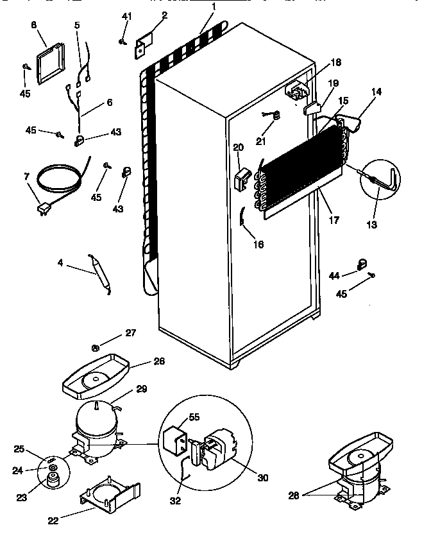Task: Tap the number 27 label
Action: (130, 332)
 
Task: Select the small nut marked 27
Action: (95, 348)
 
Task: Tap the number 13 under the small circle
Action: (372, 225)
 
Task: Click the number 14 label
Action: (376, 92)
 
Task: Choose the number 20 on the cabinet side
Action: (239, 147)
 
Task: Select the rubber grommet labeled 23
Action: (50, 480)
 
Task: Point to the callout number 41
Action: (126, 15)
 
